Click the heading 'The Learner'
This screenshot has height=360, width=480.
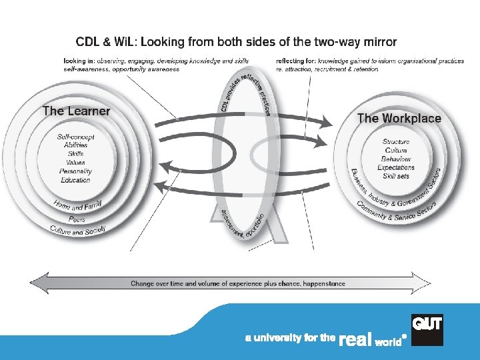click(76, 111)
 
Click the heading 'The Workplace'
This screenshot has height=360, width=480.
click(399, 119)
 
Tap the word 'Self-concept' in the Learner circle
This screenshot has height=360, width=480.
click(75, 137)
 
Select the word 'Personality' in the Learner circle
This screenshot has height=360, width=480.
click(75, 171)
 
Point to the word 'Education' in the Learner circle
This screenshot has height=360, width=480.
click(75, 180)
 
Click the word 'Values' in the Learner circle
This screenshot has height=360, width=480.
click(75, 163)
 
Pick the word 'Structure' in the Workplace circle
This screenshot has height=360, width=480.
click(396, 142)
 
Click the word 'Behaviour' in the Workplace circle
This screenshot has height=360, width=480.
click(396, 159)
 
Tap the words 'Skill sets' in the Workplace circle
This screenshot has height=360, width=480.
click(396, 177)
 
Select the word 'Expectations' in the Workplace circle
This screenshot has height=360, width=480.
click(396, 168)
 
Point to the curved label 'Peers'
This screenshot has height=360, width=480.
click(77, 219)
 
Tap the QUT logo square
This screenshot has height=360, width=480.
click(427, 329)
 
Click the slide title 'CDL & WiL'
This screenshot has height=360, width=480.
click(106, 41)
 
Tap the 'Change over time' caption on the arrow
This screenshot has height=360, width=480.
click(237, 283)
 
